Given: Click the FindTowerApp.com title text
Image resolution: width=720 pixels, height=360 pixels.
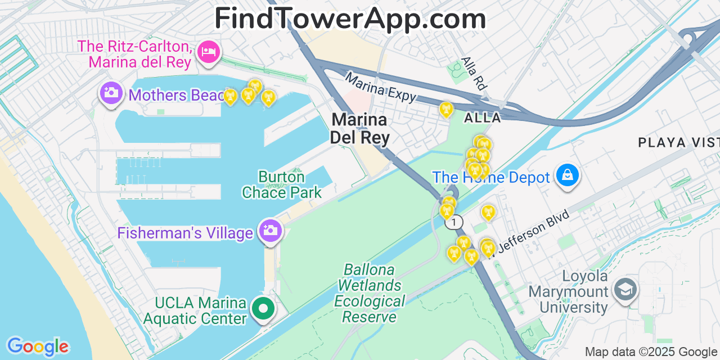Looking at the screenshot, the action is pos(350,19).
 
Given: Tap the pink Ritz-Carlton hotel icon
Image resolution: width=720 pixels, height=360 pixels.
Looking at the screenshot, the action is pos(209,52).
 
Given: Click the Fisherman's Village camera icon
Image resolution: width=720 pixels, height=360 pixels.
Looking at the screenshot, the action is pos(270,231).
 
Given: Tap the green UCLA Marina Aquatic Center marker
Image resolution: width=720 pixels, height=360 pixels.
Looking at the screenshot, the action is pos(263,308).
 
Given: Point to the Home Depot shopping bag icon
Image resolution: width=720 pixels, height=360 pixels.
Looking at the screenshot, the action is pos(568,175).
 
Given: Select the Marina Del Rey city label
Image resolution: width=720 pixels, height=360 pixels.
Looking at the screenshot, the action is pos(359,128).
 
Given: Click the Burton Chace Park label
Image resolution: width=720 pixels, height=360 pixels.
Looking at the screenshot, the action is pos(282,184).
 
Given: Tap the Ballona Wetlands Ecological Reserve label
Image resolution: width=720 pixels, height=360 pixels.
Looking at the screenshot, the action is pos(369,293).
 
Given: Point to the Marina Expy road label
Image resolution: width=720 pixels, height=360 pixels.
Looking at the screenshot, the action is pos(381,88).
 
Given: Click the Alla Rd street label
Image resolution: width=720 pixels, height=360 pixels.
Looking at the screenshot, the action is pos(473,73).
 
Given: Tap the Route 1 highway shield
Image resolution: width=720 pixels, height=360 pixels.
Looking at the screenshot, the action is pos(453,222).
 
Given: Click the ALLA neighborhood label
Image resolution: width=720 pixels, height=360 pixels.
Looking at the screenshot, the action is pos(482,118).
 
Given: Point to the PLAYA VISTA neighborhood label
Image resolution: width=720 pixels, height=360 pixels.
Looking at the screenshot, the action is pos(678,143).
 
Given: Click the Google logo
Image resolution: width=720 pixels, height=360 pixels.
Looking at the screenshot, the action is pos(37,346).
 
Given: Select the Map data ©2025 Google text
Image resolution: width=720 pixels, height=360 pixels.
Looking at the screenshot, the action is pos(651,352).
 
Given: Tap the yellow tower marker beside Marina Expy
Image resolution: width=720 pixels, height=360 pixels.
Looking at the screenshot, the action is pos(446,109).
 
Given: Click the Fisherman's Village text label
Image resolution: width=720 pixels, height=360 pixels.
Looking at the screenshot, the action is pos(185,233).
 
